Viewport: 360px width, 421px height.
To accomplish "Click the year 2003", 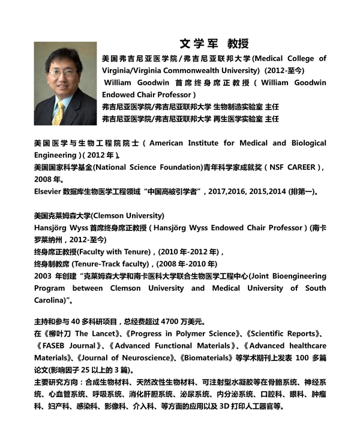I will click(43, 276).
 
